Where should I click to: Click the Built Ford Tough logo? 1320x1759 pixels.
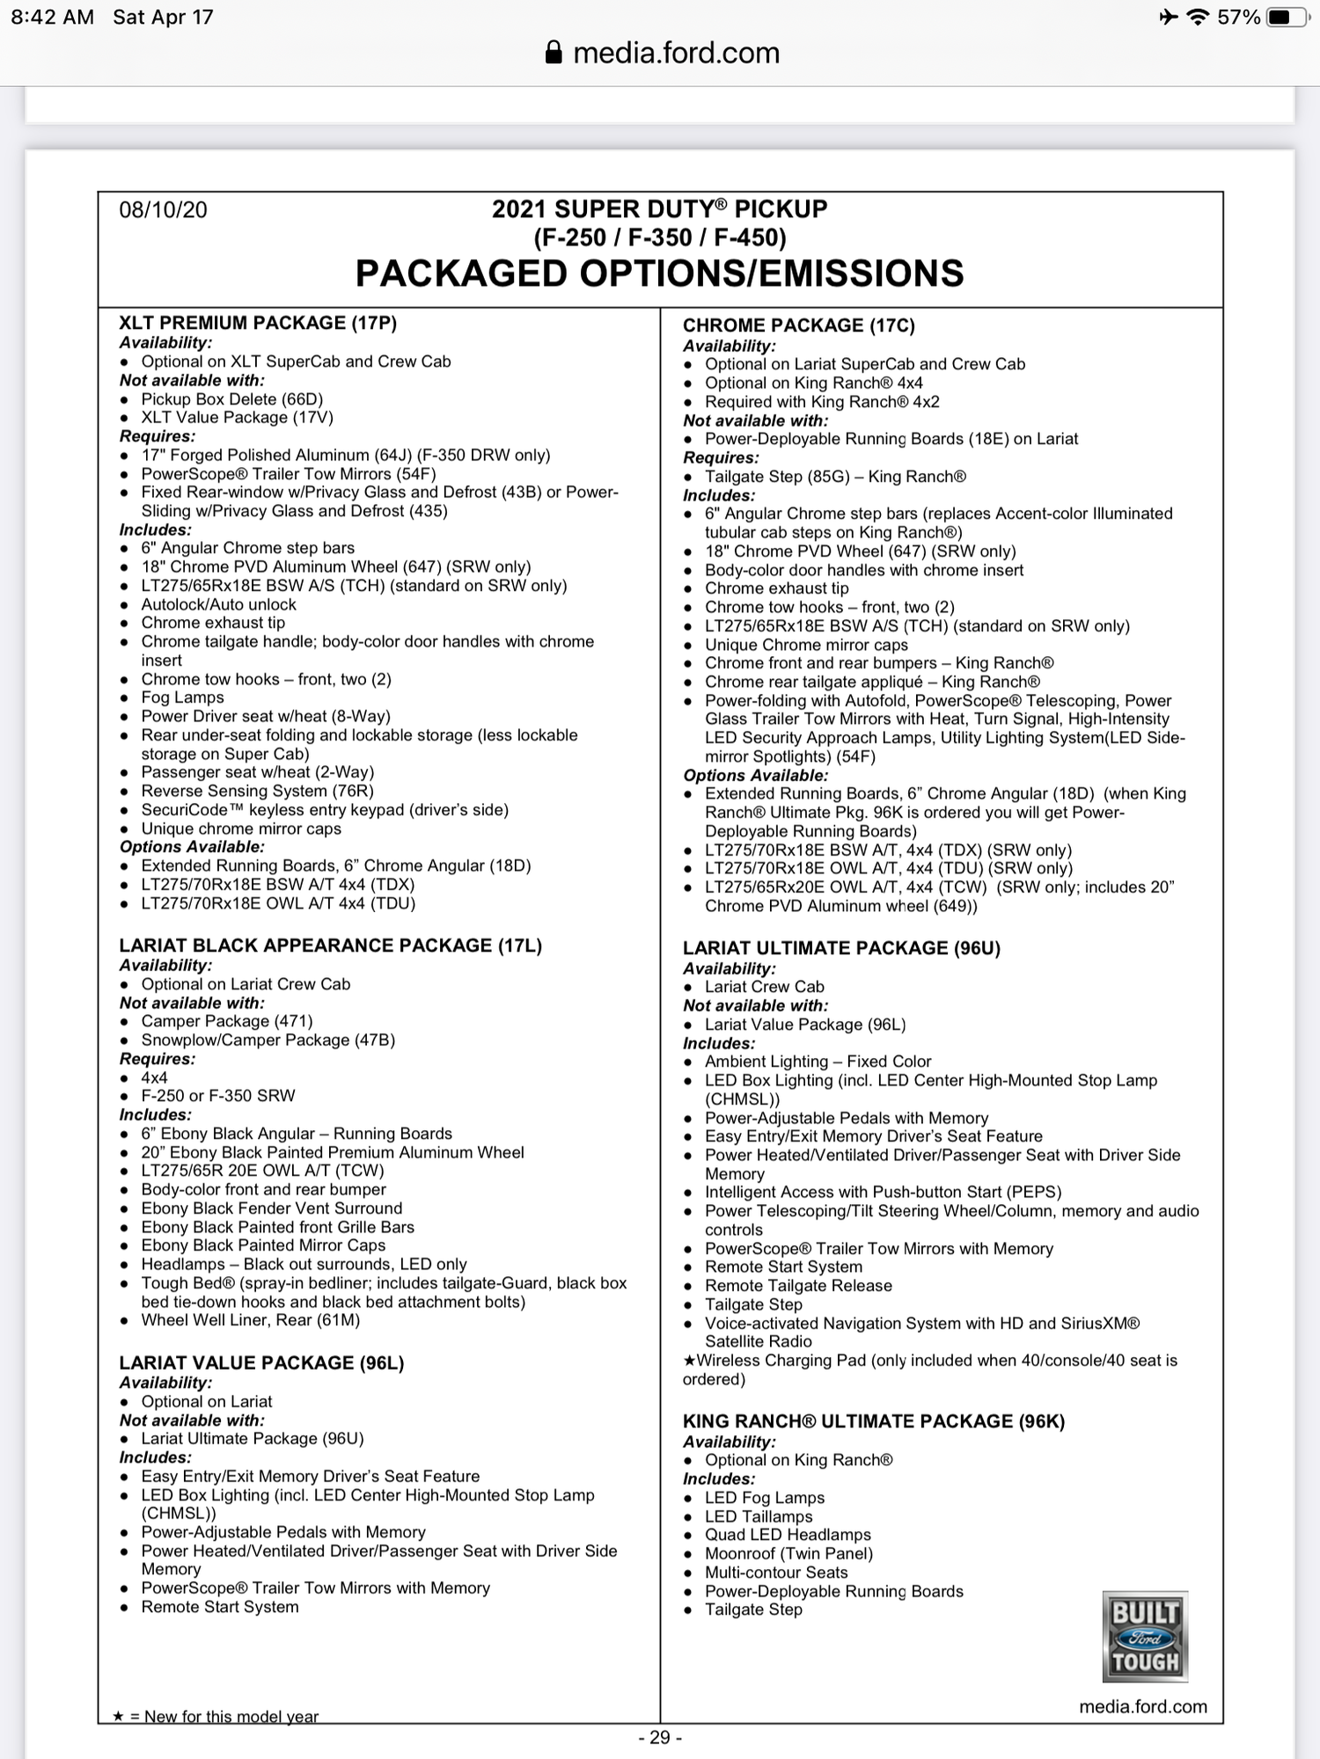point(1145,1637)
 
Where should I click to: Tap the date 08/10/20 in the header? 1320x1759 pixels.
point(164,210)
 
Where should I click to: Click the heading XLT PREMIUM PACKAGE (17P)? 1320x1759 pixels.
point(258,323)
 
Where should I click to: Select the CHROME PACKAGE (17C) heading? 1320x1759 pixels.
point(798,325)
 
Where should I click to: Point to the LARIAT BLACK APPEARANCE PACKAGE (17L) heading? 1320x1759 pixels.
point(330,945)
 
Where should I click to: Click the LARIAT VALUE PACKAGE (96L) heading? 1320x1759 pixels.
point(261,1362)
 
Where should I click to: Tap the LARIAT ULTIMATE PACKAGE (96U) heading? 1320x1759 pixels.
point(841,948)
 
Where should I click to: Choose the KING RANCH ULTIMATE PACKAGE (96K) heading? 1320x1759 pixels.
point(873,1421)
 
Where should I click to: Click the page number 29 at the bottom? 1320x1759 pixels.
point(660,1737)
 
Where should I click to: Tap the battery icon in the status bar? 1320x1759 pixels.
point(1286,18)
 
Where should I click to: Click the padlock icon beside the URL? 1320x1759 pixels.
point(554,53)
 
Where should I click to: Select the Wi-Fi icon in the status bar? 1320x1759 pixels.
point(1197,18)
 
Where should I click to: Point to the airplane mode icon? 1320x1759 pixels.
point(1168,18)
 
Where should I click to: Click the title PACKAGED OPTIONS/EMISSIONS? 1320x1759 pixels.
point(659,274)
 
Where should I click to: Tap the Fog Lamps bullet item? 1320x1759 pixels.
point(182,697)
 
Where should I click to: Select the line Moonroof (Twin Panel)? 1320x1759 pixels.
point(788,1554)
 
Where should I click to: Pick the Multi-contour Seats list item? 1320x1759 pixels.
point(776,1573)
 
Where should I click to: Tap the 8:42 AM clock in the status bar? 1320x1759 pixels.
point(53,18)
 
